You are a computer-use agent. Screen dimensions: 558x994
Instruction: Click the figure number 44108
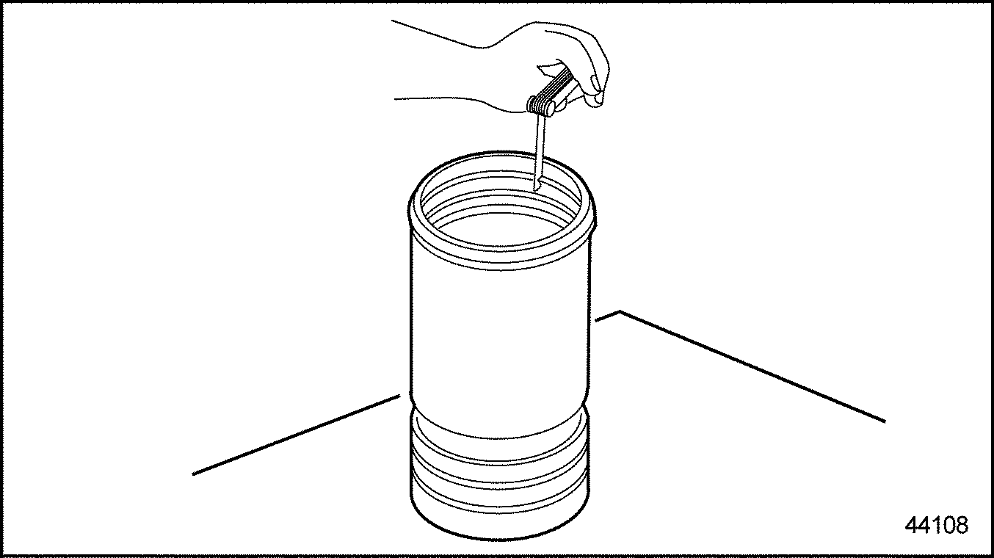point(937,525)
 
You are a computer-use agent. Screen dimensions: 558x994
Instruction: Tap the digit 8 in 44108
point(962,525)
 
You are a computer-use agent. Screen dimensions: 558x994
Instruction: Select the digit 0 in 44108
point(948,525)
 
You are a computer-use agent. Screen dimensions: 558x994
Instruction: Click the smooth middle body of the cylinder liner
point(499,338)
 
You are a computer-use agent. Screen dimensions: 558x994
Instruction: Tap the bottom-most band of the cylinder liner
point(499,518)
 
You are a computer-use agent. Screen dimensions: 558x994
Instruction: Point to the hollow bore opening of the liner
point(499,220)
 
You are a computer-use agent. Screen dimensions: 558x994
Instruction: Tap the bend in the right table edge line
point(620,312)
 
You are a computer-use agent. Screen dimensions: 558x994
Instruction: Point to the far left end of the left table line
point(194,474)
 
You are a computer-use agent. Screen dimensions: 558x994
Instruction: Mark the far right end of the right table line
point(884,421)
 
